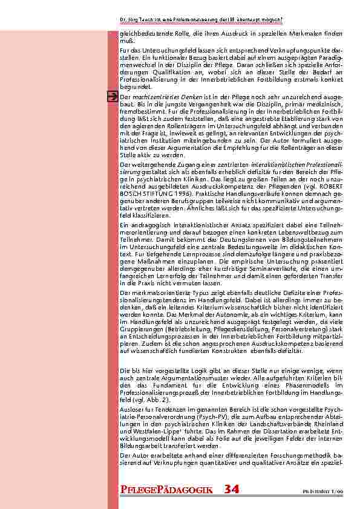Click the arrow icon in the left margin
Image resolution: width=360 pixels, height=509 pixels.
[112, 96]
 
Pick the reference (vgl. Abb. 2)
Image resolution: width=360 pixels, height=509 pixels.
[148, 400]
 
